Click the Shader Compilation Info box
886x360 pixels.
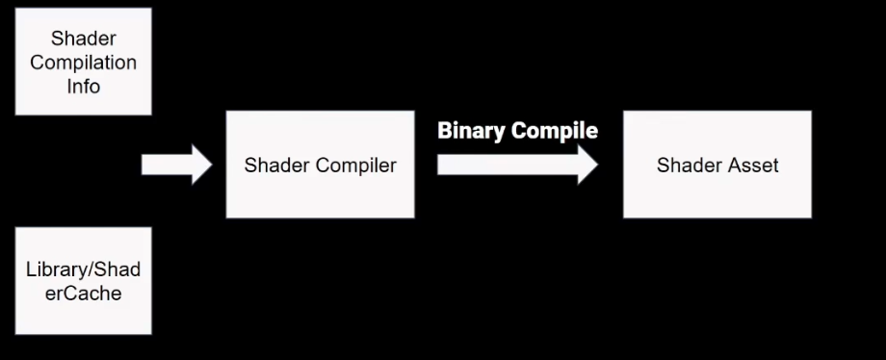83,61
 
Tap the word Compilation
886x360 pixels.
83,63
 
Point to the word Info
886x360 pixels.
83,86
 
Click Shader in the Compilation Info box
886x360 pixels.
83,39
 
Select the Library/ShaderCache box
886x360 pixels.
83,280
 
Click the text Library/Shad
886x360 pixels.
83,269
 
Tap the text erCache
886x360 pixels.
83,292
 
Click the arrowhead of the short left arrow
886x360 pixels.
198,165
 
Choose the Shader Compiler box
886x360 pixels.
320,165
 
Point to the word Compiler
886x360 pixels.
361,166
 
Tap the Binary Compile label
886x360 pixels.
517,131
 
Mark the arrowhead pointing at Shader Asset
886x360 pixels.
586,165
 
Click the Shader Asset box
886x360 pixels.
717,165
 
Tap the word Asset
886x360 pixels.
755,166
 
